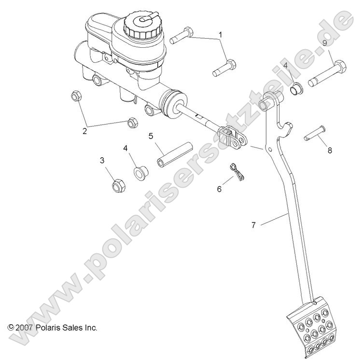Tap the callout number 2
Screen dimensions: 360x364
84,130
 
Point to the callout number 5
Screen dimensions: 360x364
151,137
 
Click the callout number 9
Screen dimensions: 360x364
324,43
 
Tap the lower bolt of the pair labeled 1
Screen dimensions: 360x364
224,68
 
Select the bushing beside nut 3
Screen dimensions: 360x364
141,172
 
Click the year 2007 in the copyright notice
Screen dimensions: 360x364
25,327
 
